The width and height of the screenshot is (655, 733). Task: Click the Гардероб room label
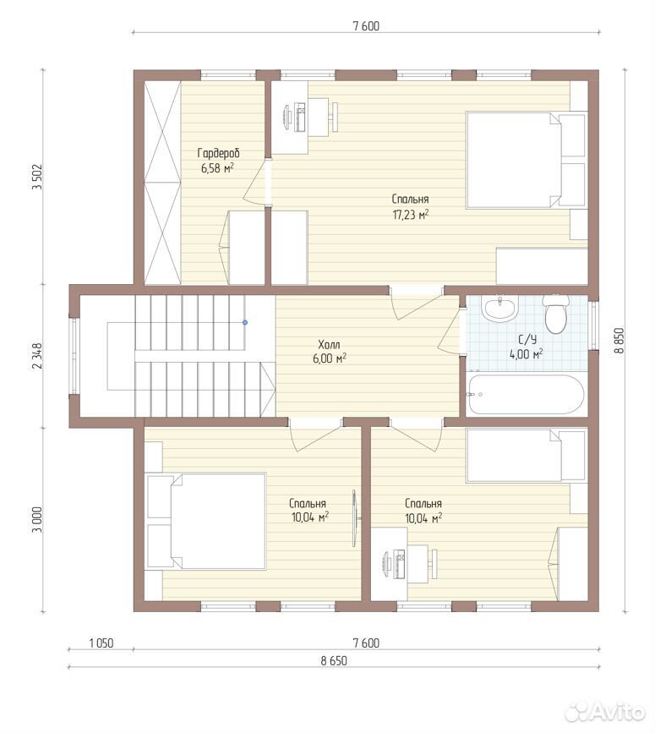[218, 153]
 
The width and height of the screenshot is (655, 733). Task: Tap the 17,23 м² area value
[410, 215]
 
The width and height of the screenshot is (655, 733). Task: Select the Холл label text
[329, 345]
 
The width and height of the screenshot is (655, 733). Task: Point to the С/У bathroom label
[527, 339]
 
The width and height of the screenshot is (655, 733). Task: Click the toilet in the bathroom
[555, 314]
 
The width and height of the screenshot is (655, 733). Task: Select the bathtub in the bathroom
[526, 395]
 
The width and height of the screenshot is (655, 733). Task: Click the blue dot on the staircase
[245, 323]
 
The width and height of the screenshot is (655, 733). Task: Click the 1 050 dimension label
[101, 643]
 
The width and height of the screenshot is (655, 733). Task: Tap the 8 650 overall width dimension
[334, 660]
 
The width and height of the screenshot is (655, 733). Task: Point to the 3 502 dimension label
[37, 176]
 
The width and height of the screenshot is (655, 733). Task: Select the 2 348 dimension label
[37, 356]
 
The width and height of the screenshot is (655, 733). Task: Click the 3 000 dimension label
[37, 519]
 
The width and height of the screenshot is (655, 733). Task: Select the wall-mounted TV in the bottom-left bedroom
[355, 518]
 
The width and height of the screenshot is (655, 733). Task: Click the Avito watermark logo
[605, 713]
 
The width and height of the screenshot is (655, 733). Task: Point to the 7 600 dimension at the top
[366, 26]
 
